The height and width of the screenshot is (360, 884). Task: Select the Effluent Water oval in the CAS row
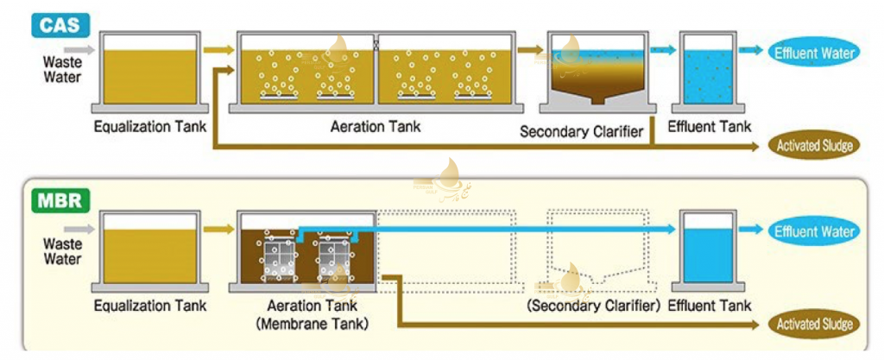[x=814, y=54]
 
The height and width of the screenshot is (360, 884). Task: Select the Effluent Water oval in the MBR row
[x=814, y=231]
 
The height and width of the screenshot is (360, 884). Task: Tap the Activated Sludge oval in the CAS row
[x=814, y=146]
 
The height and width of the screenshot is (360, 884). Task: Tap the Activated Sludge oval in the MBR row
[x=814, y=325]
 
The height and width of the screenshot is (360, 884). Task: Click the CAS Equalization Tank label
[x=150, y=128]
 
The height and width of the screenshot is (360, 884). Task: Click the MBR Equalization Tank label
[x=150, y=306]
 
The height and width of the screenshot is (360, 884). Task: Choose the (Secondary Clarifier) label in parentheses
[x=593, y=306]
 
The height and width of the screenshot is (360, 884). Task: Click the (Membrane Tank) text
[x=312, y=324]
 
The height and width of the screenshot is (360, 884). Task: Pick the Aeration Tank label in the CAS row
[x=376, y=127]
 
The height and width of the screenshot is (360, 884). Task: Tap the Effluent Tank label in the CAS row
[x=710, y=127]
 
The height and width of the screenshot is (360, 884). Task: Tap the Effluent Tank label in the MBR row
[x=710, y=306]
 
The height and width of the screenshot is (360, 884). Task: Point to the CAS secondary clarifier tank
[x=596, y=73]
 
